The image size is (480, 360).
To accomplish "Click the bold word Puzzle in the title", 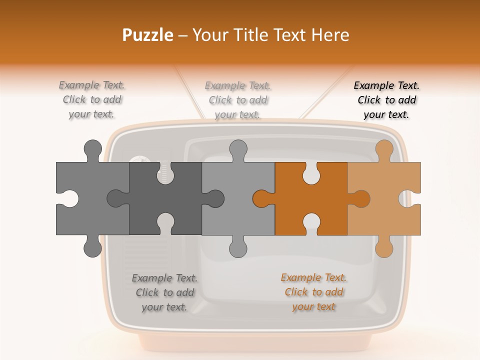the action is click(148, 35).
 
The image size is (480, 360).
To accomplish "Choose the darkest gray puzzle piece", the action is click(165, 198).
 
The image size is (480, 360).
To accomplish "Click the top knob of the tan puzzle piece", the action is click(384, 150).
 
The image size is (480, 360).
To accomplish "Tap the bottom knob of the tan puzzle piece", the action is click(384, 247).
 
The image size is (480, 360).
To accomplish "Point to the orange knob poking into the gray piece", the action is click(263, 198).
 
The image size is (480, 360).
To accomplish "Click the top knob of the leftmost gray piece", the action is click(93, 150).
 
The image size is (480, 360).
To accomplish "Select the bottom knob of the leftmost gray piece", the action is click(93, 247).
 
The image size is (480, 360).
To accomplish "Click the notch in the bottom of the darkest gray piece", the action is click(165, 224).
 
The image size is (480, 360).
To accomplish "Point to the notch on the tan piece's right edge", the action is click(410, 198).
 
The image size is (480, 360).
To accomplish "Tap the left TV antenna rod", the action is click(189, 92).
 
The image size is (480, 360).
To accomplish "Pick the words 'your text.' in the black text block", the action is click(386, 115).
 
